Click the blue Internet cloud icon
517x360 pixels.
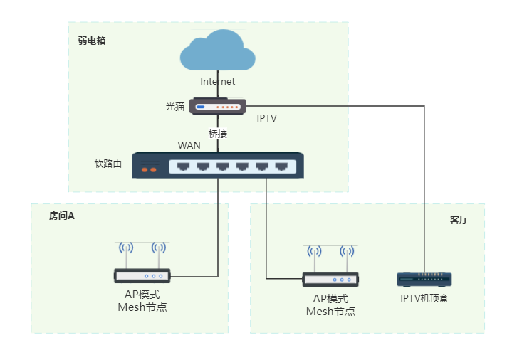pyautogui.click(x=218, y=51)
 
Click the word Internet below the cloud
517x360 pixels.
pyautogui.click(x=218, y=82)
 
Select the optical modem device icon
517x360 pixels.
pyautogui.click(x=218, y=107)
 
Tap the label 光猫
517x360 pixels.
pyautogui.click(x=175, y=107)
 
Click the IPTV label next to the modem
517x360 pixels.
pyautogui.click(x=266, y=118)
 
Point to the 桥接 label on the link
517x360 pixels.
pyautogui.click(x=218, y=134)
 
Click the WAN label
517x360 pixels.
pyautogui.click(x=189, y=145)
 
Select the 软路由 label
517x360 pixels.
pyautogui.click(x=108, y=164)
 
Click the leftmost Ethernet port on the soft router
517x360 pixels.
pyautogui.click(x=184, y=166)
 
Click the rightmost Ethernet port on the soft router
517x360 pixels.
pyautogui.click(x=281, y=166)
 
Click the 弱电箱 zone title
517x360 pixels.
pyautogui.click(x=92, y=41)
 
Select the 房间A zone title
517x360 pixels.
pyautogui.click(x=62, y=215)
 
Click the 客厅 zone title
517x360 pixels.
pyautogui.click(x=459, y=220)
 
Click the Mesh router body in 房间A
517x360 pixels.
pyautogui.click(x=142, y=276)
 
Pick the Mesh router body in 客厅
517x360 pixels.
pyautogui.click(x=330, y=280)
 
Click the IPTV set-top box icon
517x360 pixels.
pyautogui.click(x=424, y=280)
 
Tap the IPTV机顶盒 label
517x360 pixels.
pyautogui.click(x=424, y=298)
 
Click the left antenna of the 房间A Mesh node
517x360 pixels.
pyautogui.click(x=126, y=249)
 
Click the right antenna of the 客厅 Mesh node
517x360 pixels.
pyautogui.click(x=347, y=253)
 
